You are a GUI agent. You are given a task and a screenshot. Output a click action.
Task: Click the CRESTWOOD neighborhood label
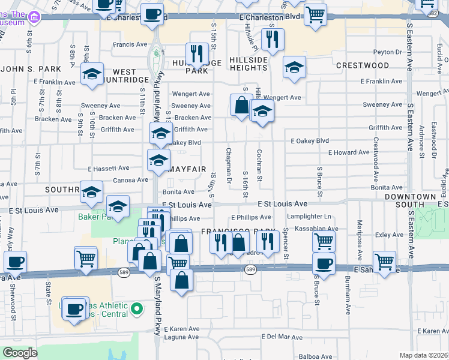[363, 65]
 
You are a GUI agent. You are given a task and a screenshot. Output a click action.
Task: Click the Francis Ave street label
[130, 44]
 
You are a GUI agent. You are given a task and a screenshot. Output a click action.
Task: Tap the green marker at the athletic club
[137, 309]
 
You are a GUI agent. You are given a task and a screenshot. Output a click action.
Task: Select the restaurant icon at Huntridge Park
[196, 53]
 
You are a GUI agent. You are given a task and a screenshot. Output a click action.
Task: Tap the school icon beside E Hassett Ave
[158, 160]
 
